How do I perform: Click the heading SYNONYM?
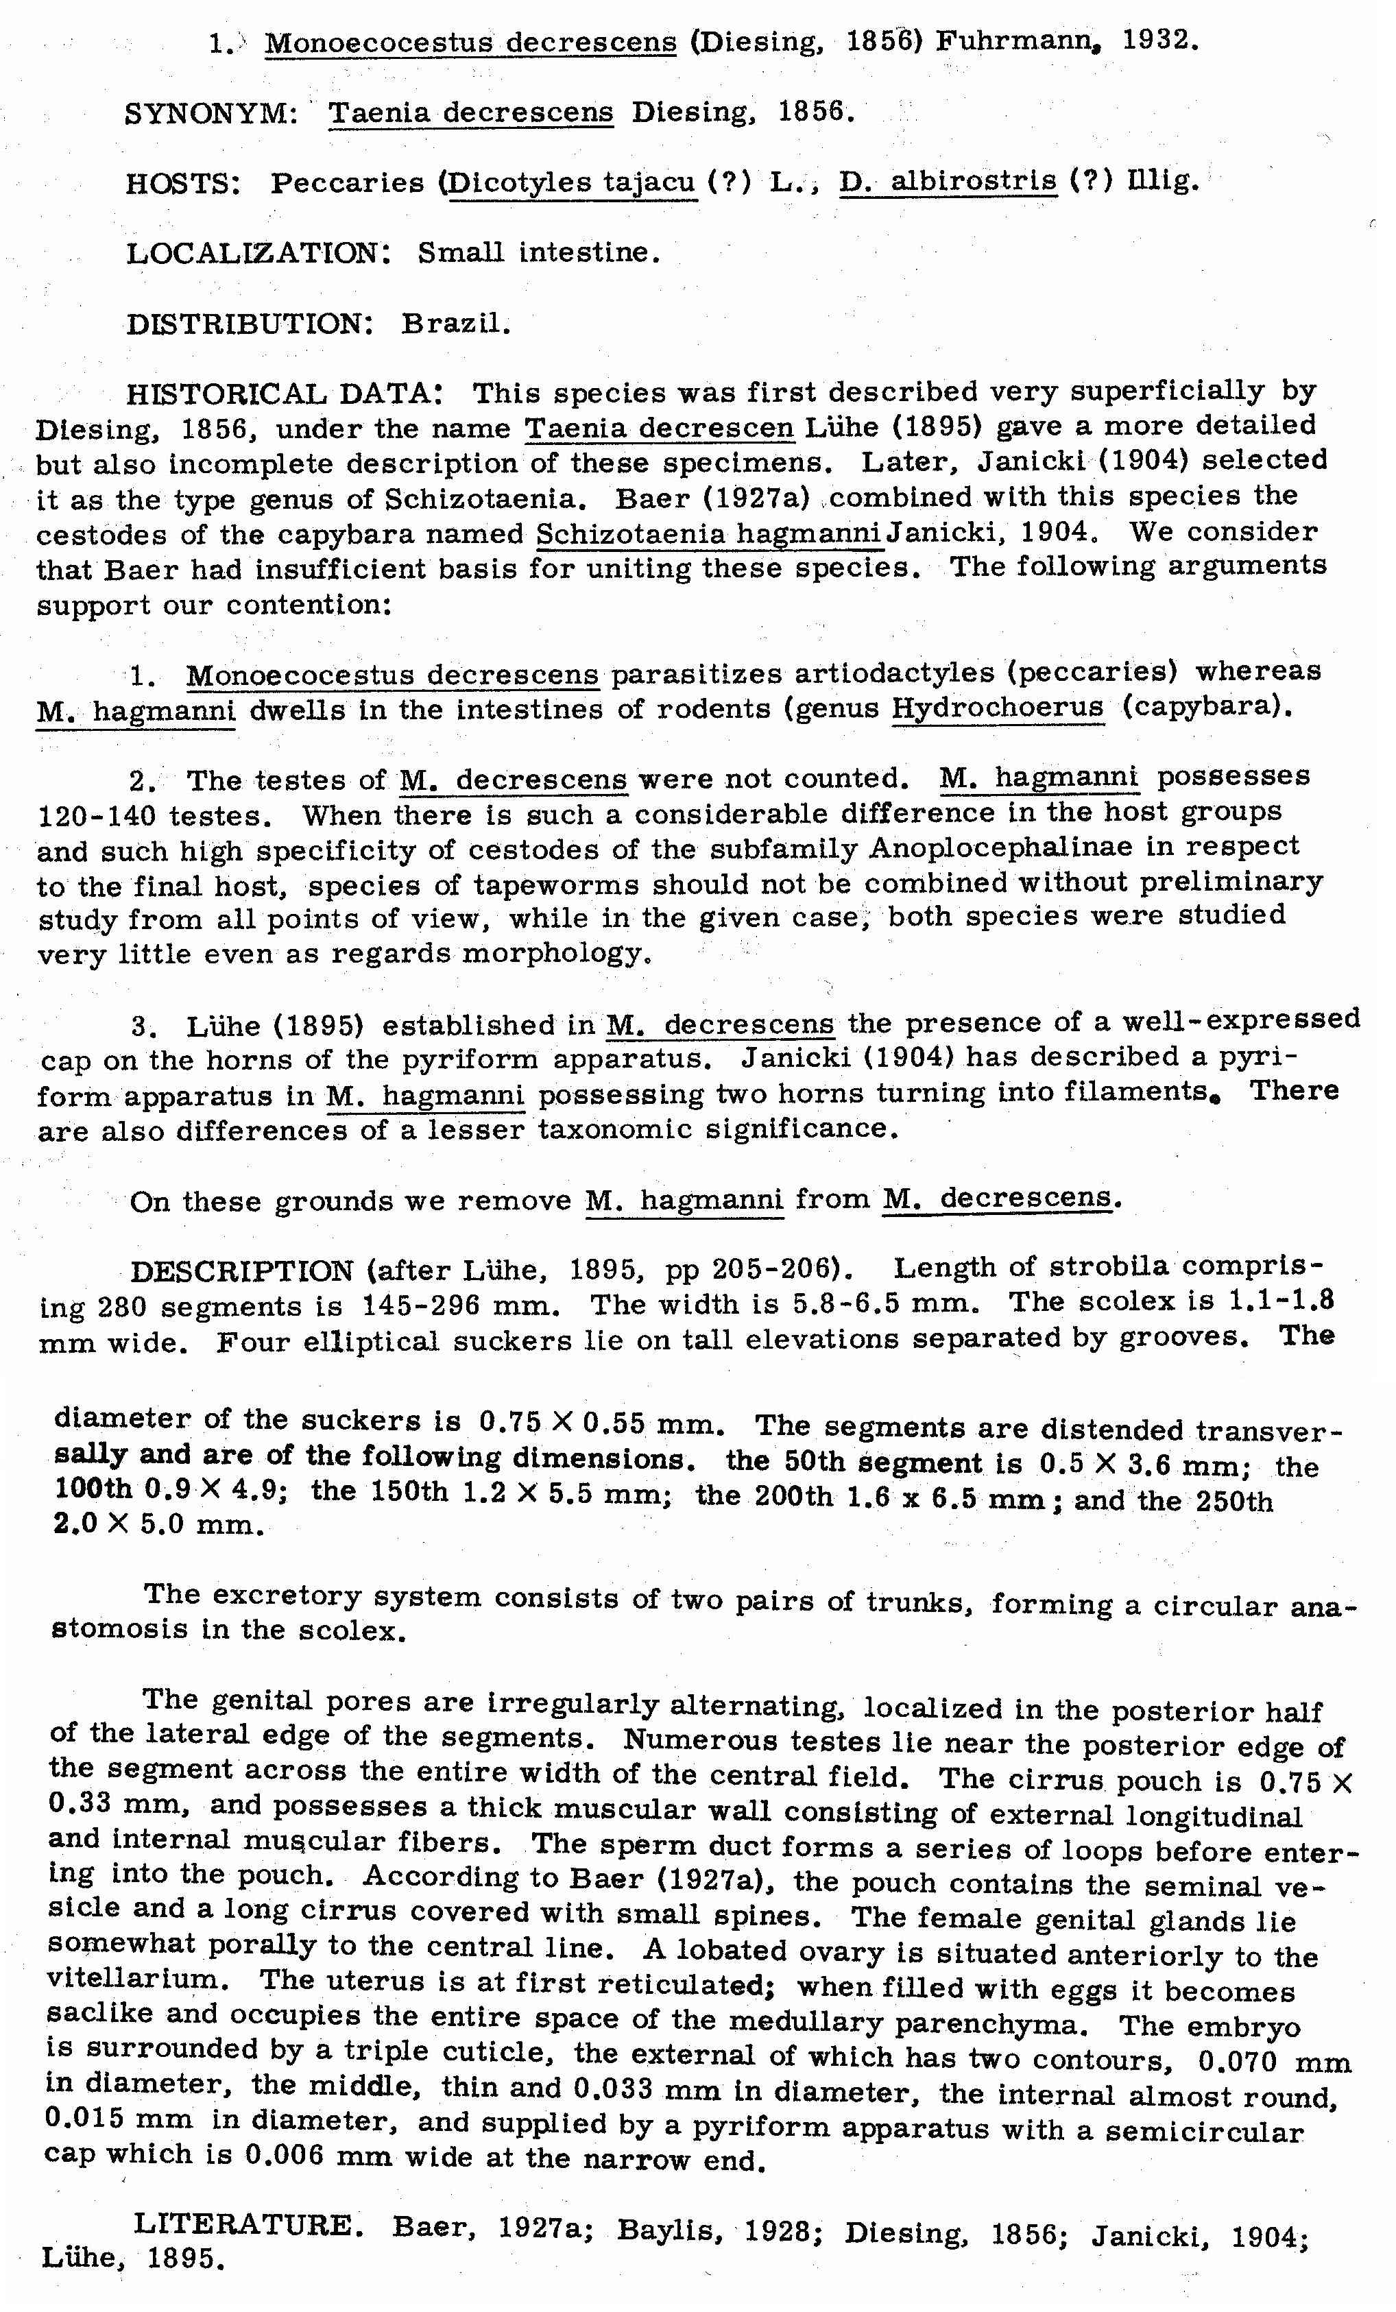[x=211, y=114]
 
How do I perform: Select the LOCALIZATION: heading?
[x=258, y=252]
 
